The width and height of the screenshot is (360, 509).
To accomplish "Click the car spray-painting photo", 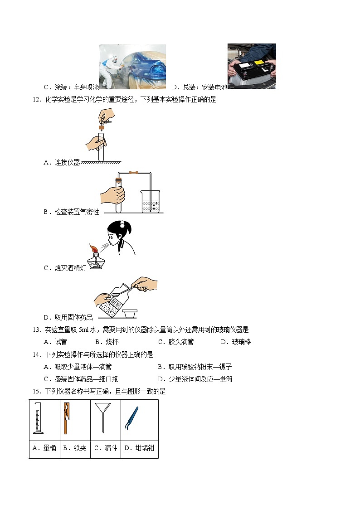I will coord(132,66).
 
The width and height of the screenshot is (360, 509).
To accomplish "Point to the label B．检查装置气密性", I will coord(71,212).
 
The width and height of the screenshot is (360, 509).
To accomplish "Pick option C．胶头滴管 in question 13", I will coord(175,342).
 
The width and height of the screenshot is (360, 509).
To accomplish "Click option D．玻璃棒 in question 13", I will coord(235,342).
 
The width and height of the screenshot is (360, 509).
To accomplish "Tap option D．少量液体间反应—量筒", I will coord(195,379).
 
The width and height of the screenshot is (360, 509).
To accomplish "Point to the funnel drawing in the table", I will coord(103,417).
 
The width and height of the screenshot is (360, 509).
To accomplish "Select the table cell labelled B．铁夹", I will coord(74,448).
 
